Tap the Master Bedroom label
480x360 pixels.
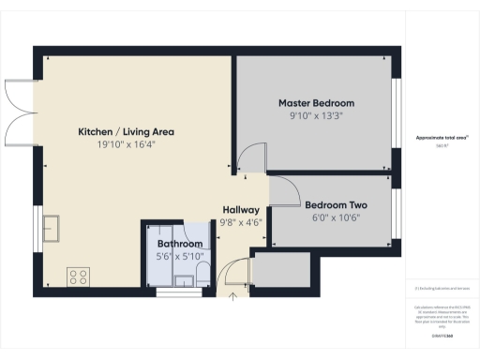tap(316, 102)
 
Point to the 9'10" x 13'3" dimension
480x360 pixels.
tap(316, 116)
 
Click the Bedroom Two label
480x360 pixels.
tap(335, 205)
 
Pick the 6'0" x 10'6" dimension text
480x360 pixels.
tap(335, 218)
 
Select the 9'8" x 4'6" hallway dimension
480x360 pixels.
tap(240, 222)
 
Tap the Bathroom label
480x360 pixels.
tap(180, 244)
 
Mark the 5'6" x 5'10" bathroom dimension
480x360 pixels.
tap(180, 257)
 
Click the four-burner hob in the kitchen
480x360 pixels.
tap(79, 277)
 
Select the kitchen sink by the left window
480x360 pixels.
tap(52, 228)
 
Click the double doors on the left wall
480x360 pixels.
tap(21, 102)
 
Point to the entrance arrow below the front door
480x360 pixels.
tap(233, 298)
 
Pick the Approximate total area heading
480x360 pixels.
tap(442, 138)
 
